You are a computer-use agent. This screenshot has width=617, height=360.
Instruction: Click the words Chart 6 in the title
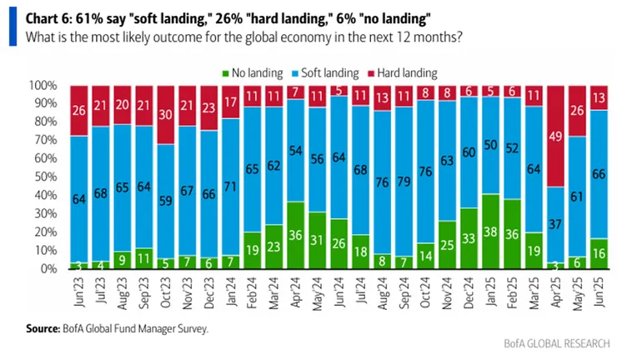pos(48,18)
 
